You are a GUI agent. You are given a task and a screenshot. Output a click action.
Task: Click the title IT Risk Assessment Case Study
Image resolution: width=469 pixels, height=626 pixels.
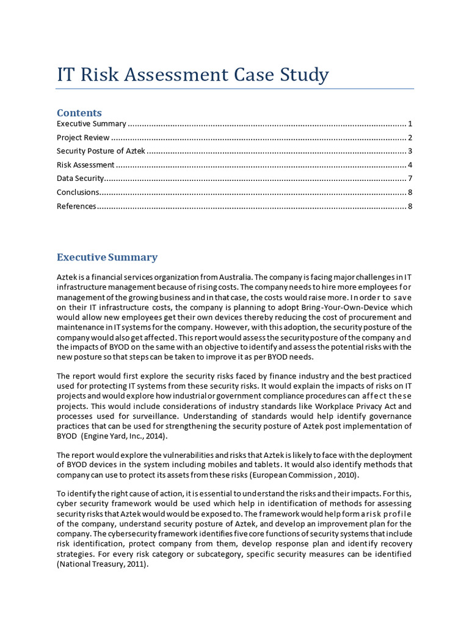pos(192,75)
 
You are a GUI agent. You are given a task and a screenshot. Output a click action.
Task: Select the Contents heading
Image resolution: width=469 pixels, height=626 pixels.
pos(79,112)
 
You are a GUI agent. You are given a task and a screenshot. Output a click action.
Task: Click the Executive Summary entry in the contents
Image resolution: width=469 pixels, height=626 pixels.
pos(91,124)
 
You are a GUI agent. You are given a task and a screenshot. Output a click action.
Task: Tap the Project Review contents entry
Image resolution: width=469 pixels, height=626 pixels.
pos(83,138)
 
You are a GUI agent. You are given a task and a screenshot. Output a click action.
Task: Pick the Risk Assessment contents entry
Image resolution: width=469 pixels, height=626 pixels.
pos(85,164)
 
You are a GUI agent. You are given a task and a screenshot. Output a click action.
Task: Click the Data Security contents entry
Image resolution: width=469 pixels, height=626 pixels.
pos(81,179)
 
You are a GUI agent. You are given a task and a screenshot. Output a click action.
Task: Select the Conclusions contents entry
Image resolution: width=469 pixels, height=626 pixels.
pos(78,192)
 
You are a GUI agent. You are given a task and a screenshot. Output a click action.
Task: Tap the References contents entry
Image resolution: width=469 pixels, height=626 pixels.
pos(76,206)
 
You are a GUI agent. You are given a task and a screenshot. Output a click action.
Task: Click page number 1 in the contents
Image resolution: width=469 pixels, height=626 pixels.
pos(411,124)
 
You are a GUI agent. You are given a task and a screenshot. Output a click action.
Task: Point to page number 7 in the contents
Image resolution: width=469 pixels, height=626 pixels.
pos(411,179)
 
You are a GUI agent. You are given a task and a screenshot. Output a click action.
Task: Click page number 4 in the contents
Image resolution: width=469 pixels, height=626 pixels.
pos(411,164)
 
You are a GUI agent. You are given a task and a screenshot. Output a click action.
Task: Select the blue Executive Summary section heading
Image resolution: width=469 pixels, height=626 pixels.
pos(107,257)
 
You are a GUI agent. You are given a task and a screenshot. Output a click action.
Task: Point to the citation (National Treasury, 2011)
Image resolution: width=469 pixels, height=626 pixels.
pos(103,565)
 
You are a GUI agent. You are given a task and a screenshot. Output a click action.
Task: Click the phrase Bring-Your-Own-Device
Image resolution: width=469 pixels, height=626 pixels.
pos(347,307)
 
